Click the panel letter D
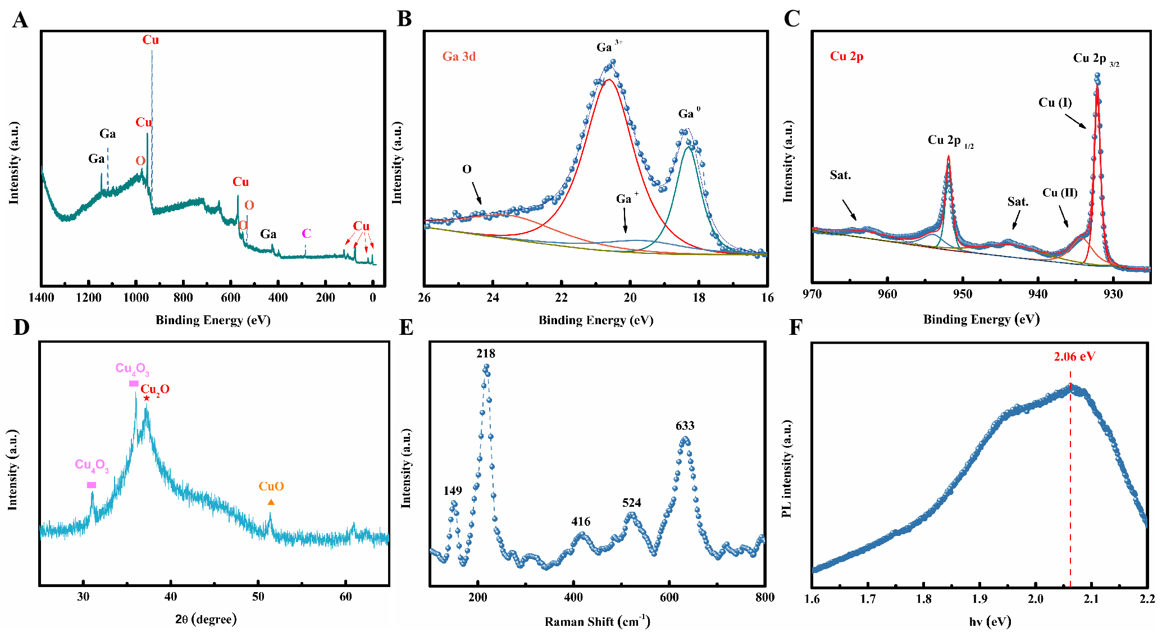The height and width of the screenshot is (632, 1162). [x=21, y=328]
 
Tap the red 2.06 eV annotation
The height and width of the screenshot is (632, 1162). [x=1074, y=356]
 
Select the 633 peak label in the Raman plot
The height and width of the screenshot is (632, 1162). [x=685, y=426]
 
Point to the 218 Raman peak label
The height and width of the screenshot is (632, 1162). [x=485, y=353]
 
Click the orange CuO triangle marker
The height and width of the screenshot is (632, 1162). [x=271, y=502]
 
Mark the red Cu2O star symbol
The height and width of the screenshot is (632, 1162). [x=147, y=398]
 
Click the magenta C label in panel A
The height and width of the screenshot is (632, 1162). [x=306, y=233]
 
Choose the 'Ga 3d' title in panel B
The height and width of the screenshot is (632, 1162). [x=459, y=56]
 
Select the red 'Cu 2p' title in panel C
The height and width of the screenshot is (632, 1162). [x=846, y=56]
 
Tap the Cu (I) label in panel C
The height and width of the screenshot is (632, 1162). [x=1055, y=102]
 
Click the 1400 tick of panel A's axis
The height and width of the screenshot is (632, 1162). [x=42, y=298]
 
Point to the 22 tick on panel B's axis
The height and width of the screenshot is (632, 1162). [x=561, y=298]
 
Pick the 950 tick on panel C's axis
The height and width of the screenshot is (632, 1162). [x=963, y=294]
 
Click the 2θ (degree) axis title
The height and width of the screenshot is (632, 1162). [x=206, y=619]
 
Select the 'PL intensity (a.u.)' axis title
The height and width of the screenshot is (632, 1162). [x=787, y=469]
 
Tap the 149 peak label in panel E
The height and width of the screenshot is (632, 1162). [x=452, y=491]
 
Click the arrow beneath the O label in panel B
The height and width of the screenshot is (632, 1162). [x=476, y=193]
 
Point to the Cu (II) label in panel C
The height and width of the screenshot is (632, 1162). [x=1060, y=193]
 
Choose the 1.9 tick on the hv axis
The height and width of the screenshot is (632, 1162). [x=979, y=599]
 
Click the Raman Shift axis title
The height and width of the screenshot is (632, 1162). [x=597, y=621]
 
